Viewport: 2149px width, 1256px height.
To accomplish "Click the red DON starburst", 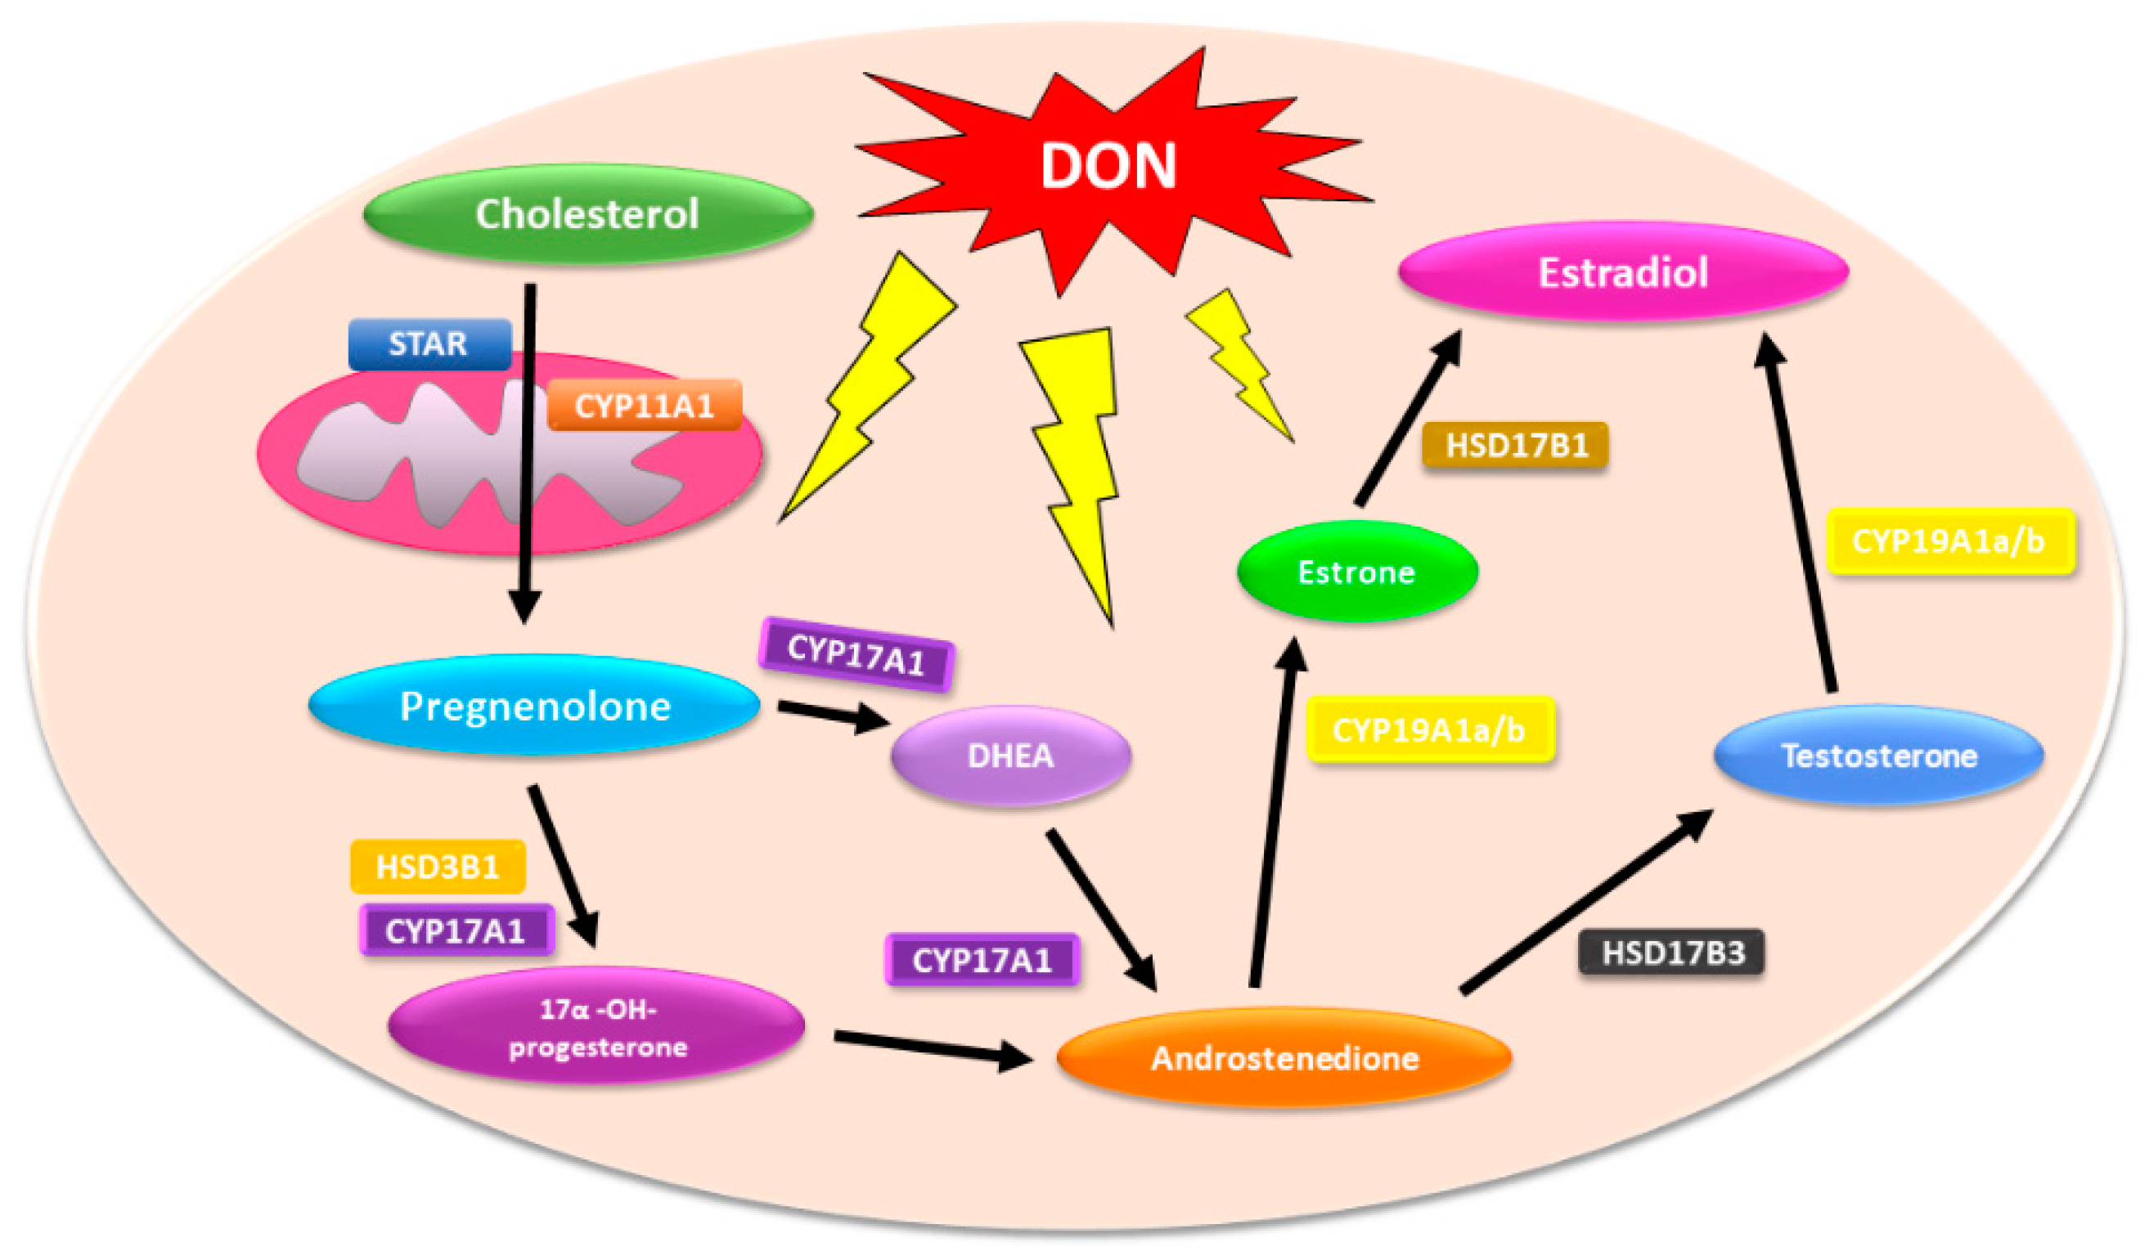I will click(x=1108, y=166).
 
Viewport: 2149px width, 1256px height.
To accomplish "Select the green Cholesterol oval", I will click(x=587, y=213).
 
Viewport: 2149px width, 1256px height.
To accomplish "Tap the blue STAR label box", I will click(x=429, y=343).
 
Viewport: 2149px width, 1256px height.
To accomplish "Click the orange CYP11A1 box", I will click(x=644, y=405).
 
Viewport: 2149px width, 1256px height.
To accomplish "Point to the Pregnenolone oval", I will click(x=535, y=706).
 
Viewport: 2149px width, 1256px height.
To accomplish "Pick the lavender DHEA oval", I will click(x=1010, y=756).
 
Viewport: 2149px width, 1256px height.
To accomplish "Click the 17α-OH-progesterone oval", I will click(x=597, y=1028).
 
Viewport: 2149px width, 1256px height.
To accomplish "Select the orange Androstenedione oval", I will click(x=1284, y=1057).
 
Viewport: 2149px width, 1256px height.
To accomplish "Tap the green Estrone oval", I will click(x=1356, y=572).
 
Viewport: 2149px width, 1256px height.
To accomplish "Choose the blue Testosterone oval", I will click(x=1879, y=756).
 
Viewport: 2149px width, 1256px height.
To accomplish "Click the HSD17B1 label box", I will click(x=1515, y=445).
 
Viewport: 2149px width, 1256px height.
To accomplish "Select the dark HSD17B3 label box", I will click(x=1672, y=952).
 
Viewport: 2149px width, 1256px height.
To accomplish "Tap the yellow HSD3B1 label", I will click(x=438, y=867).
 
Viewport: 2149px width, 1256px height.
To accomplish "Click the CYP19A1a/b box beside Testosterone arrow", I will click(x=1949, y=541).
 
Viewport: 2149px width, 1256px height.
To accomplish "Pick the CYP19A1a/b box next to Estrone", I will click(x=1430, y=730).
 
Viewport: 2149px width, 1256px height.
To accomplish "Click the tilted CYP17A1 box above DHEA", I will click(x=856, y=655).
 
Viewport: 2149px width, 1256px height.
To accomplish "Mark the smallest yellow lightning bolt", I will click(x=1241, y=362).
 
